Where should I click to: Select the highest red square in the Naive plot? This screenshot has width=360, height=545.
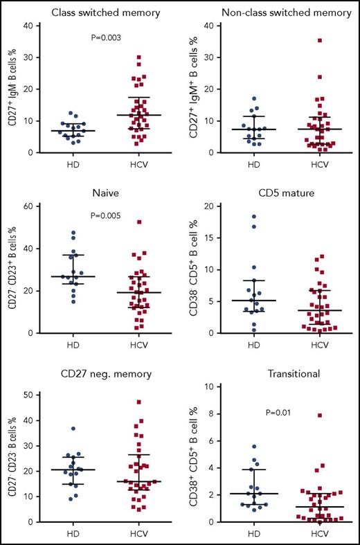pyautogui.click(x=120, y=222)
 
